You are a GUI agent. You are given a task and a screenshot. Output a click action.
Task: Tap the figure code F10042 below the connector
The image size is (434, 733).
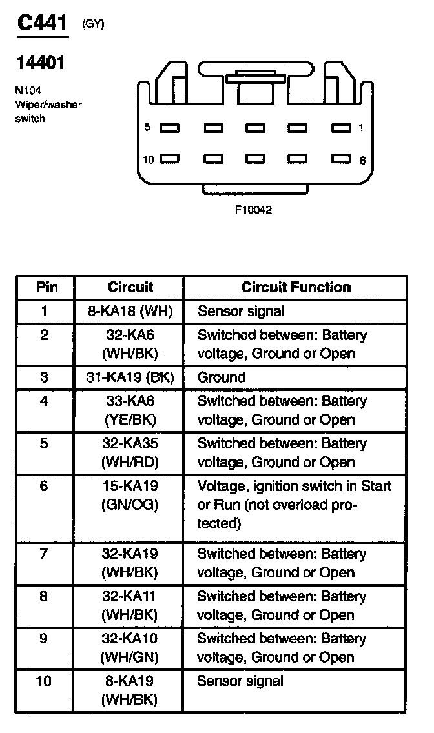click(253, 210)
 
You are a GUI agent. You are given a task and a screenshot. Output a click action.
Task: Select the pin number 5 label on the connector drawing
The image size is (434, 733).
click(147, 127)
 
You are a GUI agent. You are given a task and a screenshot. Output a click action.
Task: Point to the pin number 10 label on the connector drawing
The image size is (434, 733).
click(149, 159)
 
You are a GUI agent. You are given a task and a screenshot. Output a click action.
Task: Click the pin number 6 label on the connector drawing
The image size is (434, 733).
click(363, 161)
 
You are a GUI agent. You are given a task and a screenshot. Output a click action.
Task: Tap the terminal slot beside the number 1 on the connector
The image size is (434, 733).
click(340, 128)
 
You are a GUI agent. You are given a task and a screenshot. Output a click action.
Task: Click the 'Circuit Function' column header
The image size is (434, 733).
click(296, 287)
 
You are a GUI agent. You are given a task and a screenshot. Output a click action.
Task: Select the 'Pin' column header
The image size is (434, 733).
click(46, 287)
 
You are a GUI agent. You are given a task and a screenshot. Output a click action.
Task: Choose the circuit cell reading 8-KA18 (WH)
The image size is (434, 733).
click(130, 312)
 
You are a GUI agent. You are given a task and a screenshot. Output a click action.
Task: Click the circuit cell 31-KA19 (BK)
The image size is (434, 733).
click(130, 377)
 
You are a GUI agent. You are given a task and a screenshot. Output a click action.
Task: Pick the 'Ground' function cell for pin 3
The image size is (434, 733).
click(221, 377)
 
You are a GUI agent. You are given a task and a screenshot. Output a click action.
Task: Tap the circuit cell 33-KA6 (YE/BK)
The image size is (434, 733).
click(130, 410)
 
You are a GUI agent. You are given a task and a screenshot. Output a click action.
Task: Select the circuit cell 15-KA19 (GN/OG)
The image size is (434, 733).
click(130, 496)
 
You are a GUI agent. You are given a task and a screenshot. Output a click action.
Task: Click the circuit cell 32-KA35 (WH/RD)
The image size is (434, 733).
click(130, 453)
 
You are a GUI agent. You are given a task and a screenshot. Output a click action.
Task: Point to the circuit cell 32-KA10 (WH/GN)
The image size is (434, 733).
click(130, 648)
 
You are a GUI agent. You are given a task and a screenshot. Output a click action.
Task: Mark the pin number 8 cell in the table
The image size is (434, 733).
click(44, 596)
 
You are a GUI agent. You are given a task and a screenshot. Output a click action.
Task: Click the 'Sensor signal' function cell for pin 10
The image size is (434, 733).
click(240, 681)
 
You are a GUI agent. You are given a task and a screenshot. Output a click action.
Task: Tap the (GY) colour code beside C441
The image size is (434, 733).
click(92, 25)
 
